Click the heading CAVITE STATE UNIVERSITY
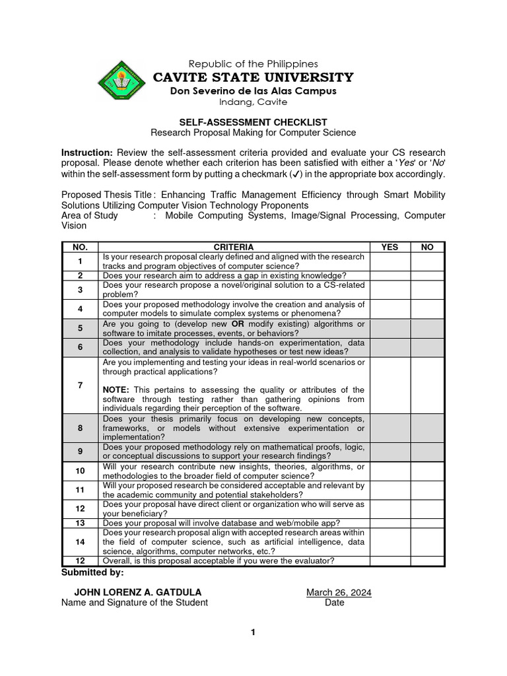pyautogui.click(x=253, y=77)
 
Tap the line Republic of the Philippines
pyautogui.click(x=253, y=63)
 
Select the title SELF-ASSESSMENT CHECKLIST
pyautogui.click(x=253, y=122)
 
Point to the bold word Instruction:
pyautogui.click(x=86, y=152)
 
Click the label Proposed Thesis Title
pyautogui.click(x=106, y=195)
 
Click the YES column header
pyautogui.click(x=389, y=247)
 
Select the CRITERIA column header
pyautogui.click(x=234, y=247)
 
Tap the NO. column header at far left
pyautogui.click(x=80, y=247)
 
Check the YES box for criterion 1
pyautogui.click(x=389, y=261)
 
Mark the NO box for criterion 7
pyautogui.click(x=427, y=386)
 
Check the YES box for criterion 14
pyautogui.click(x=389, y=541)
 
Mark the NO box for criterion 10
pyautogui.click(x=427, y=471)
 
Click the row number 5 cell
pyautogui.click(x=80, y=328)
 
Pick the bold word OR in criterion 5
pyautogui.click(x=237, y=324)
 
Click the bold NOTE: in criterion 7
pyautogui.click(x=116, y=390)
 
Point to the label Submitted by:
pyautogui.click(x=92, y=572)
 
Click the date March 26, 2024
pyautogui.click(x=339, y=592)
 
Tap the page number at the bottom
pyautogui.click(x=253, y=632)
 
